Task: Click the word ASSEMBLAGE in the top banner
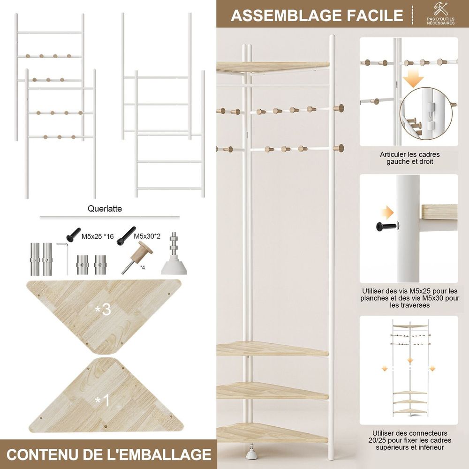[x=287, y=15]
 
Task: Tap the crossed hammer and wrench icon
[x=440, y=9]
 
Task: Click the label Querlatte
[x=105, y=209]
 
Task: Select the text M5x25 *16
[x=98, y=236]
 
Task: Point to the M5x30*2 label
[x=147, y=236]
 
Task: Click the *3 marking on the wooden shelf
[x=103, y=310]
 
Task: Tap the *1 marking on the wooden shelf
[x=102, y=400]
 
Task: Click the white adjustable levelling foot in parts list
[x=174, y=254]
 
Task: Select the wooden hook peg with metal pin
[x=136, y=257]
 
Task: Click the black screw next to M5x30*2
[x=126, y=236]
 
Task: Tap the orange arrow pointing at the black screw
[x=387, y=212]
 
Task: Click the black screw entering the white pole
[x=387, y=227]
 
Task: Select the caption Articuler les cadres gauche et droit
[x=410, y=158]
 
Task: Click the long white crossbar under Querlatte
[x=110, y=218]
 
